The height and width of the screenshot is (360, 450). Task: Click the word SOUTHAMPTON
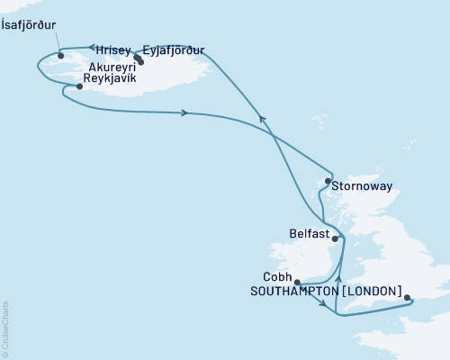tap(291, 292)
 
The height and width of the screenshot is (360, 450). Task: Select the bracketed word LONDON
tap(370, 292)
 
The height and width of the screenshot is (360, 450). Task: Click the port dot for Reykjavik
tap(79, 87)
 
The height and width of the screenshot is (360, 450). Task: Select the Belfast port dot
tap(337, 238)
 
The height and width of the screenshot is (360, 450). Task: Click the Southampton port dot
tap(407, 297)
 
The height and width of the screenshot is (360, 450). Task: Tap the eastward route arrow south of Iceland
tap(185, 112)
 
